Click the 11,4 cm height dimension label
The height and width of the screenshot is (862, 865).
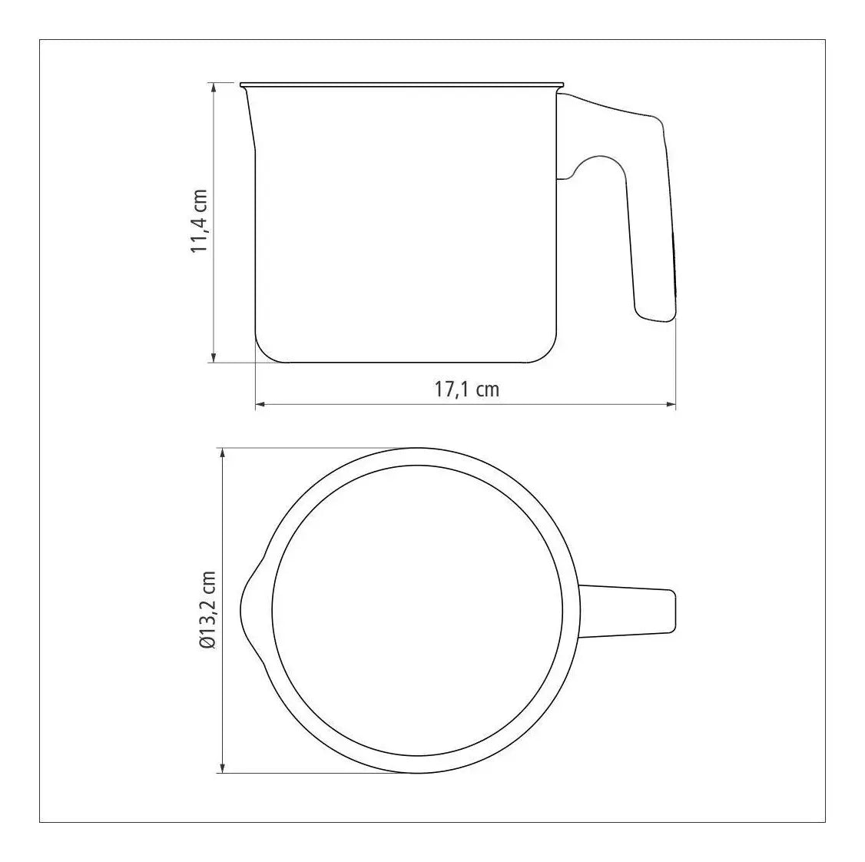(199, 221)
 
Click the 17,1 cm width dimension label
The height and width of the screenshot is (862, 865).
(467, 390)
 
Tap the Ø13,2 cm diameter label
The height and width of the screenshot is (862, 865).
(208, 610)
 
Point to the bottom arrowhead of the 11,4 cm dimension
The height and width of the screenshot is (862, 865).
(214, 357)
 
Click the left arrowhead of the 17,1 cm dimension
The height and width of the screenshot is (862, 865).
(260, 405)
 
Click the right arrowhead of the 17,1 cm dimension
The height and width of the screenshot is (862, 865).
(671, 405)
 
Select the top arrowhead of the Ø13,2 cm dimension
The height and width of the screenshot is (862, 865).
(222, 453)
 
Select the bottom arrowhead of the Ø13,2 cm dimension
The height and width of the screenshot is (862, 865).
(222, 768)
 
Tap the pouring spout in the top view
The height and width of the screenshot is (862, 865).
(252, 610)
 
